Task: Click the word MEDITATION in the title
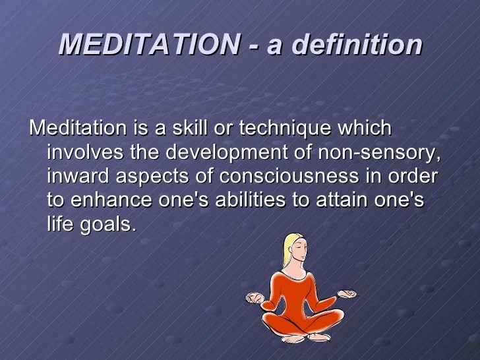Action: [149, 45]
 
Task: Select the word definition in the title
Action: [357, 45]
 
